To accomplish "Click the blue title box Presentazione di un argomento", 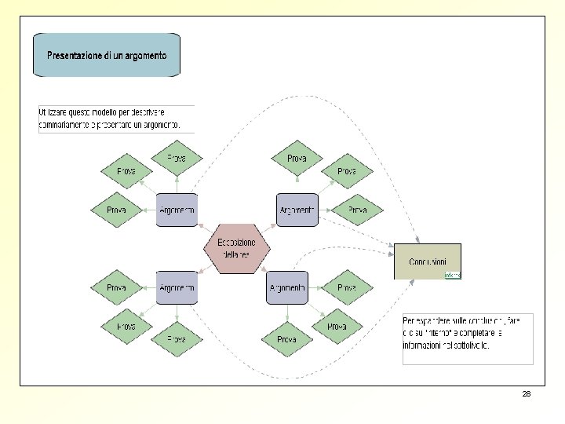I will (107, 55).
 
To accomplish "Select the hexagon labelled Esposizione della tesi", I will (236, 248).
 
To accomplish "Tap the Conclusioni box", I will (427, 261).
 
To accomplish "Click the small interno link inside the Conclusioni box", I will (453, 275).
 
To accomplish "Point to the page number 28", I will (526, 393).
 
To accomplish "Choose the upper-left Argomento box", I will (177, 210).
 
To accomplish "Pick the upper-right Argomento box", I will (297, 210).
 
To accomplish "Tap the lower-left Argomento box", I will (177, 287).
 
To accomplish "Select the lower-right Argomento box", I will (287, 287).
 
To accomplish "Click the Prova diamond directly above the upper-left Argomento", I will (177, 159).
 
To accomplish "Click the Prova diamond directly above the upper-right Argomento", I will (297, 159).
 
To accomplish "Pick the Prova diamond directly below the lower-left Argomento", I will (177, 338).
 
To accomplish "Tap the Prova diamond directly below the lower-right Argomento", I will (286, 339).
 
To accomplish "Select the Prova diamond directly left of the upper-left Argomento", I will (116, 210).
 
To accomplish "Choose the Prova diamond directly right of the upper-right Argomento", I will (357, 210).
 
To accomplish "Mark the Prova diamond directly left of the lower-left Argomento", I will (116, 287).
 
